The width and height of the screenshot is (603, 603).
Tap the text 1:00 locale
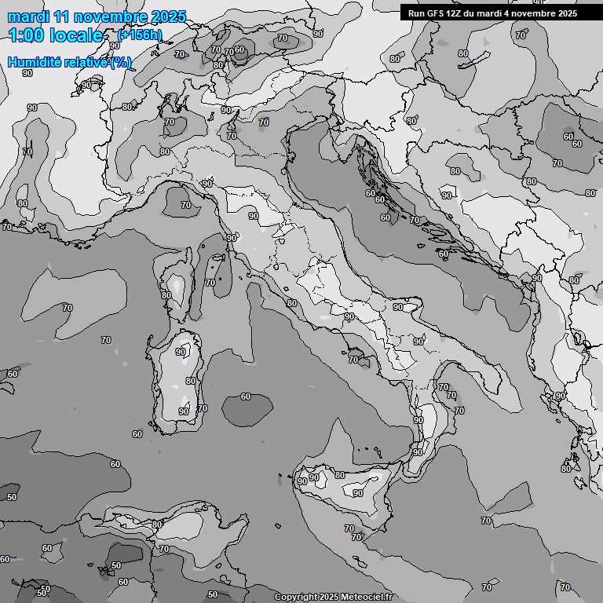click(x=56, y=35)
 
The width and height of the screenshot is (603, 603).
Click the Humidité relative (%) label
click(x=69, y=62)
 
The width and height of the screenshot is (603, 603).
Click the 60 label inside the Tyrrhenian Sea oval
click(x=246, y=397)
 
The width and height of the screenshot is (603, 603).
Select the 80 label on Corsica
click(x=166, y=295)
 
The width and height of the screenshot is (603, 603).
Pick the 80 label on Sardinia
click(x=191, y=381)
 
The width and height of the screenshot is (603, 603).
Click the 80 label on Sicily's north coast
click(x=339, y=475)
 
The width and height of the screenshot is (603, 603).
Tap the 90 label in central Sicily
click(x=357, y=493)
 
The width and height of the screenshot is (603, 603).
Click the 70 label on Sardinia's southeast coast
click(x=203, y=408)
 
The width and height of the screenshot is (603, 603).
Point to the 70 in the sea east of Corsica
click(x=210, y=283)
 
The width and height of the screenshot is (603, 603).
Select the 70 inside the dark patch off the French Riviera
click(x=185, y=205)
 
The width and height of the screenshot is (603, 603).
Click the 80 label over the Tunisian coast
click(x=157, y=524)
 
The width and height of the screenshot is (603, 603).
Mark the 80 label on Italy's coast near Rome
click(x=291, y=302)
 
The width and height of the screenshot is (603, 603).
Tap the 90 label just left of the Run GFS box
click(x=317, y=34)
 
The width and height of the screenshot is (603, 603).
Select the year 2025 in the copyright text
click(x=327, y=597)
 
